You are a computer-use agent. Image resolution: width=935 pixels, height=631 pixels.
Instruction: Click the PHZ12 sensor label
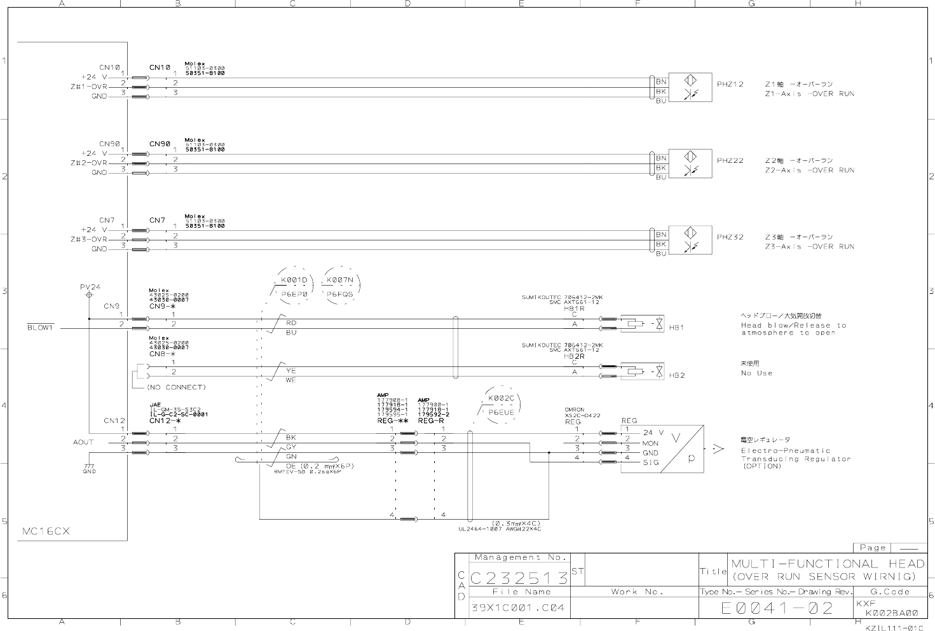(730, 84)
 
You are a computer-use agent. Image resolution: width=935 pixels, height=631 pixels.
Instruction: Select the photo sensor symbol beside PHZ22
(690, 163)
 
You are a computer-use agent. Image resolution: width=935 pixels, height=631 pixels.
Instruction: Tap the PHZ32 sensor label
(730, 237)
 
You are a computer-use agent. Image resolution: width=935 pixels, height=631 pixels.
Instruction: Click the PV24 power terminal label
(90, 287)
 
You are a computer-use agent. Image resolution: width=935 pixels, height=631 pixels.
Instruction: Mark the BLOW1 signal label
(40, 328)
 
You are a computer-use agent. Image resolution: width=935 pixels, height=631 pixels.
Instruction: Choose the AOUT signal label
(83, 441)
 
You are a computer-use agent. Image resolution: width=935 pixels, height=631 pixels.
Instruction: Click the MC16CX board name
(46, 530)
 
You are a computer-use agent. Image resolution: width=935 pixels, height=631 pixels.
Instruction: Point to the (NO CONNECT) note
(176, 387)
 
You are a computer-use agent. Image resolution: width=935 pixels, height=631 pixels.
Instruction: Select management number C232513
(519, 578)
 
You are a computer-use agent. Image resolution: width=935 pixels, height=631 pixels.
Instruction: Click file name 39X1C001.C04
(517, 607)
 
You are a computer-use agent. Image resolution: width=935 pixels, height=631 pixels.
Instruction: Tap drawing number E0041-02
(777, 608)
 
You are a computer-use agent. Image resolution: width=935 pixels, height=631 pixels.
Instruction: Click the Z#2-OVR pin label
(89, 163)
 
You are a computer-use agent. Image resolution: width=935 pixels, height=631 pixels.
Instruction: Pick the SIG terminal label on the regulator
(650, 462)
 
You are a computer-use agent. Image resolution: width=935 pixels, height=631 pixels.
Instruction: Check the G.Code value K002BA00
(891, 613)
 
